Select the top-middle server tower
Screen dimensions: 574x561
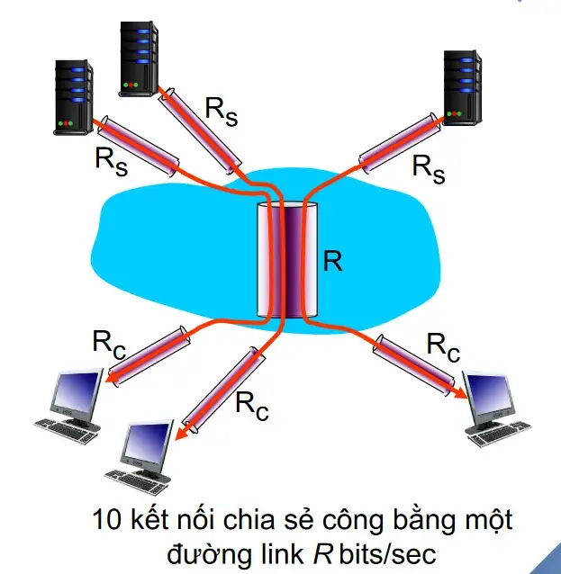(139, 55)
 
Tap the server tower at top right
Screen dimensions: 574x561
(466, 87)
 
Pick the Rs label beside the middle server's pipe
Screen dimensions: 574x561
(222, 110)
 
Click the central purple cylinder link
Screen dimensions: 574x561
(287, 261)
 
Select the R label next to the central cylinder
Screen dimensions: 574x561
(332, 261)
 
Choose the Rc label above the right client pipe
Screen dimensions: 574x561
(443, 345)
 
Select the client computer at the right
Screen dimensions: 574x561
(493, 409)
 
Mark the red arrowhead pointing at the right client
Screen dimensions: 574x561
(460, 394)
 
